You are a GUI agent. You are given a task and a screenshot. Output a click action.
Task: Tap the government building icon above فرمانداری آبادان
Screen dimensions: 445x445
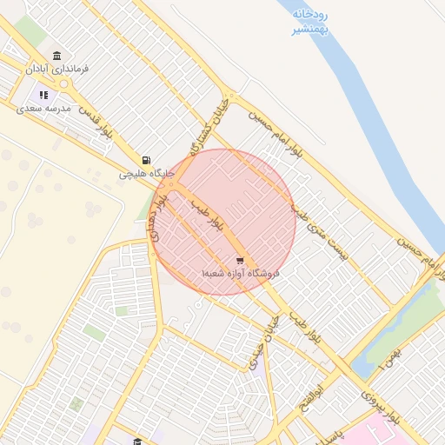tap(57, 56)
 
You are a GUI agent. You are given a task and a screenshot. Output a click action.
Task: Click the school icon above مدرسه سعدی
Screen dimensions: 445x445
tap(43, 95)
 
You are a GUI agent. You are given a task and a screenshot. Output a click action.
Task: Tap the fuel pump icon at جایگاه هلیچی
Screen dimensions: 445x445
tap(146, 161)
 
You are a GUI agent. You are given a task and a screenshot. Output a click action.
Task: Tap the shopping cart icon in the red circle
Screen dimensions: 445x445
tap(240, 260)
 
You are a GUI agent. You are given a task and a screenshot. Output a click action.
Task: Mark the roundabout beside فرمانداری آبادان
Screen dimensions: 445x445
tap(63, 83)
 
